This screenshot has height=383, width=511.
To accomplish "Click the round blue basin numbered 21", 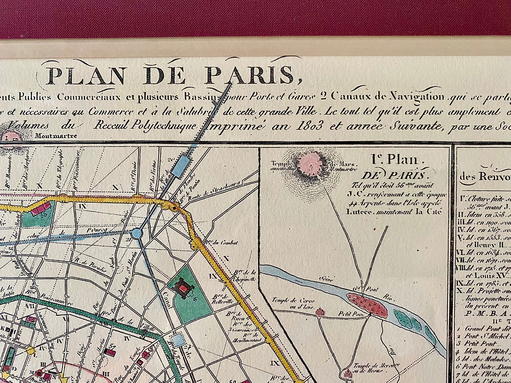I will point(137,233).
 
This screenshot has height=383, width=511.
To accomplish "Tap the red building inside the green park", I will point(182,287).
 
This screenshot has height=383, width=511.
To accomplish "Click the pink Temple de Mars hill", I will point(311,164).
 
